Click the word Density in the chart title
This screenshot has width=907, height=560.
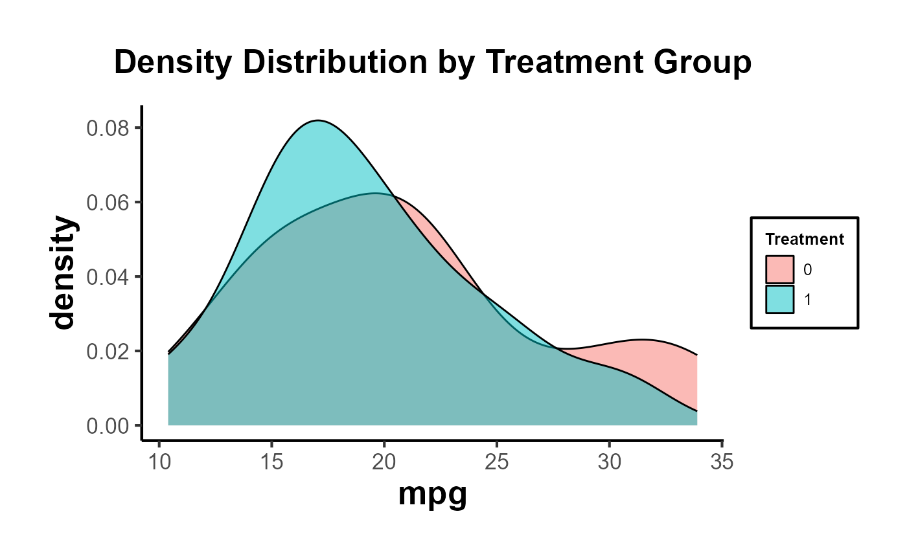point(173,63)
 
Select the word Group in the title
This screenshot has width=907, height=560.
point(702,63)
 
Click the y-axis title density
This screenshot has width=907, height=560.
point(62,273)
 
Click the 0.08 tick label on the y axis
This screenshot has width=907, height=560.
point(108,128)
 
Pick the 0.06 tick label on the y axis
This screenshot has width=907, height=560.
point(108,202)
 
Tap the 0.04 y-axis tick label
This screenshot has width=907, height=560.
point(108,277)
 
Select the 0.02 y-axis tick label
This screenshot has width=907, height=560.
point(108,351)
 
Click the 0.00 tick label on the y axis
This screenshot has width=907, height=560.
point(108,426)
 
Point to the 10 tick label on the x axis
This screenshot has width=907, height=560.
point(159,462)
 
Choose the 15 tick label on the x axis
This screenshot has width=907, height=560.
point(271,462)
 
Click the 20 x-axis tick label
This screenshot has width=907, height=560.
point(384,462)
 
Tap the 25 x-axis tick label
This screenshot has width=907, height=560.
point(496,462)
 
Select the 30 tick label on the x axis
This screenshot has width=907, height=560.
point(609,462)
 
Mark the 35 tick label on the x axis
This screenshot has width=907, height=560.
point(722,462)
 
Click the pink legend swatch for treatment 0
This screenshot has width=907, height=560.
point(779,269)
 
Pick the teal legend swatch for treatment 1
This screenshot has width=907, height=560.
point(779,299)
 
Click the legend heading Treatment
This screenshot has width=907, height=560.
point(805,239)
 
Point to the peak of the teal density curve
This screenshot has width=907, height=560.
point(318,120)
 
